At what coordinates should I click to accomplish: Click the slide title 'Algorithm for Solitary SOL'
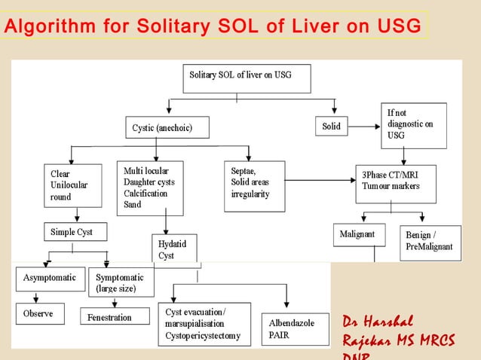211,27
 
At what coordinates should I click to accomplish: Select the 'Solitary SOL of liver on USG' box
246,78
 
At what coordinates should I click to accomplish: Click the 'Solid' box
331,127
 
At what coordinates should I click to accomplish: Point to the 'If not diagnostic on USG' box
412,124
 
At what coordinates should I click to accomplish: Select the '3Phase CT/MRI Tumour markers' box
395,182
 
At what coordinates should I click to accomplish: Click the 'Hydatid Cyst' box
174,249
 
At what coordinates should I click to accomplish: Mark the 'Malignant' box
358,234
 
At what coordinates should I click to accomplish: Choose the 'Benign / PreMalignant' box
430,242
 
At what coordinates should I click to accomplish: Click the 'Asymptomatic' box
49,277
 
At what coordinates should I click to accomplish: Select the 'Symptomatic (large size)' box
120,282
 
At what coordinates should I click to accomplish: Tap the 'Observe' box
39,313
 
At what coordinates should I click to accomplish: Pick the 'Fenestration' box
111,317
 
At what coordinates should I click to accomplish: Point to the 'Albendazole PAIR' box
295,328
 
